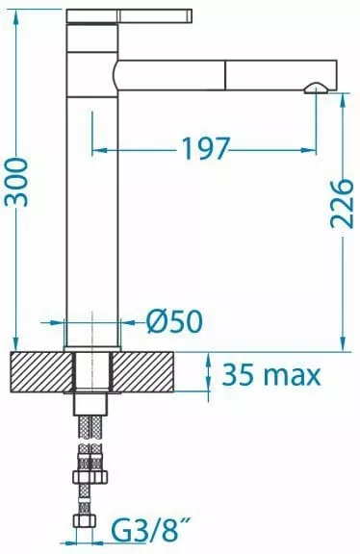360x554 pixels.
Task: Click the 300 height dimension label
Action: pos(16,183)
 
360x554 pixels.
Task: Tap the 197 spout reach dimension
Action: pos(206,148)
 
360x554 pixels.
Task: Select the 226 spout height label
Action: pos(342,204)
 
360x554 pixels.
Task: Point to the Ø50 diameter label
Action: pos(174,321)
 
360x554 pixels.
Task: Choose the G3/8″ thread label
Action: pos(148,530)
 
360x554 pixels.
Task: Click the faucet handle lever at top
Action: pos(129,16)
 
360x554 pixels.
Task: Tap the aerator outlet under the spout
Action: pos(317,88)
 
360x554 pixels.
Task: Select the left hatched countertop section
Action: pos(41,372)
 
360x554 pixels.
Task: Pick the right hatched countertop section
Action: pos(143,372)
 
